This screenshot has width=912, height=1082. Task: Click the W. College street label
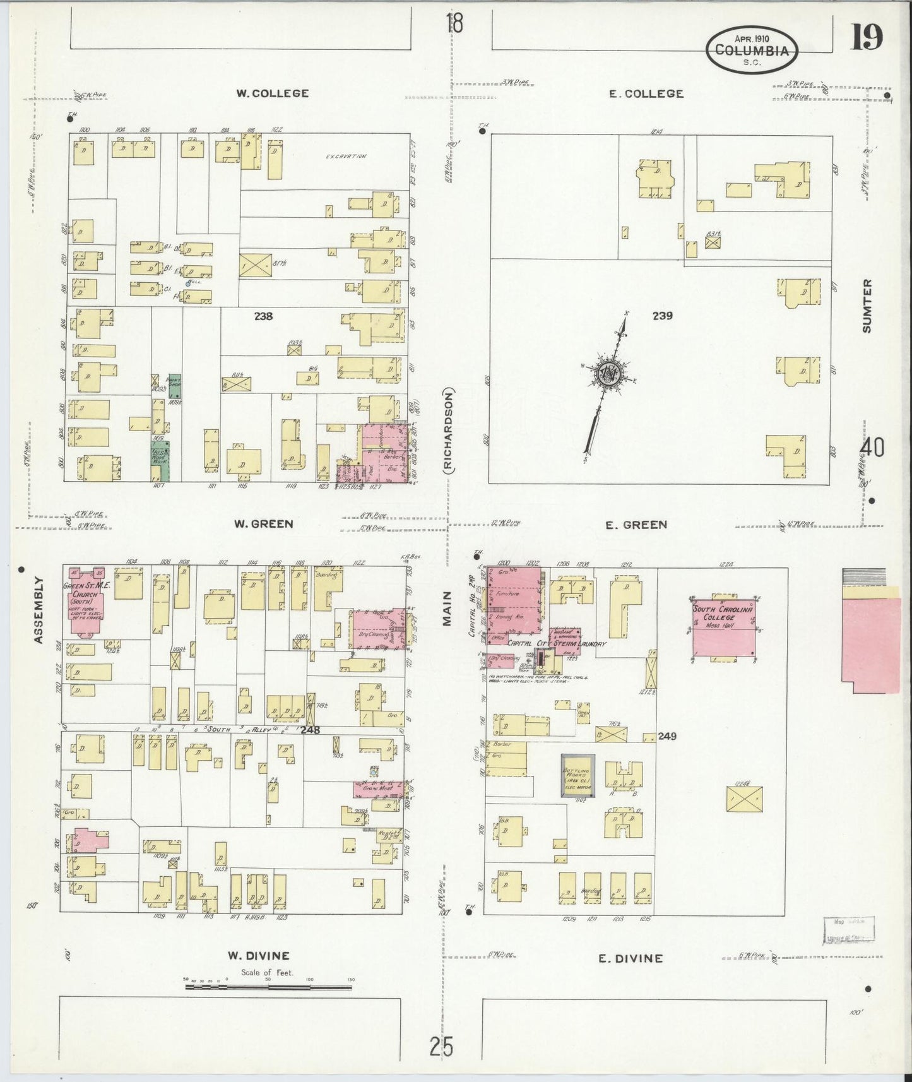pyautogui.click(x=272, y=93)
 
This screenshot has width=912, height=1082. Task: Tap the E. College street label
pyautogui.click(x=646, y=94)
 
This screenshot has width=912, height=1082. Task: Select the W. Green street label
pyautogui.click(x=263, y=524)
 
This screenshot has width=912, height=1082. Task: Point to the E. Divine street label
pyautogui.click(x=631, y=958)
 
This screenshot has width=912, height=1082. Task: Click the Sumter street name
pyautogui.click(x=867, y=306)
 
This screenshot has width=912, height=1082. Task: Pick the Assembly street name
pyautogui.click(x=38, y=610)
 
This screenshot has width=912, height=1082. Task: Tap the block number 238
pyautogui.click(x=263, y=316)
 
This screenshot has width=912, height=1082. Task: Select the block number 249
pyautogui.click(x=667, y=736)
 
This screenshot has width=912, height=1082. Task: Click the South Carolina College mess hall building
pyautogui.click(x=724, y=627)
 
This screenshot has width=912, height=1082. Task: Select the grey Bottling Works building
pyautogui.click(x=577, y=775)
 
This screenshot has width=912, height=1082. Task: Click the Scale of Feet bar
pyautogui.click(x=269, y=998)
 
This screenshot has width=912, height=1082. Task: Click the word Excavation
pyautogui.click(x=346, y=156)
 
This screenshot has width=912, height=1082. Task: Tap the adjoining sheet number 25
pyautogui.click(x=441, y=1047)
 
